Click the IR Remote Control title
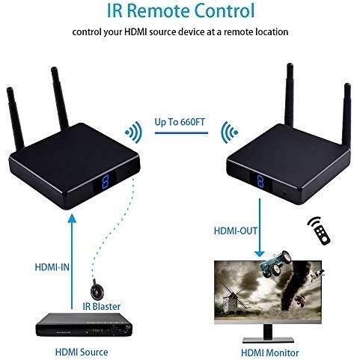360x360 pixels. (180, 10)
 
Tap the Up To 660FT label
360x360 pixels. (180, 122)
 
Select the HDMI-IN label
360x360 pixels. (52, 267)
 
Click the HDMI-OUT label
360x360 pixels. (235, 231)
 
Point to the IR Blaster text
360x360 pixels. (102, 306)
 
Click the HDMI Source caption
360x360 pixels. (82, 353)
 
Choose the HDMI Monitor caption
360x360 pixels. (269, 353)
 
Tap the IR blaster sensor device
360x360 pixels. (97, 290)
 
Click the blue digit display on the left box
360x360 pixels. (106, 180)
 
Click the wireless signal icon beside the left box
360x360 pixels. (134, 132)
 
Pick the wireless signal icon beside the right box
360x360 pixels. (230, 132)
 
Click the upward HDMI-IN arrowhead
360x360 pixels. (72, 219)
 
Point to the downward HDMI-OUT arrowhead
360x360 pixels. (260, 254)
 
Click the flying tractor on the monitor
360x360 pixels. (275, 263)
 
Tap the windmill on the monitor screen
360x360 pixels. (232, 298)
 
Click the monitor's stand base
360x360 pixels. (268, 341)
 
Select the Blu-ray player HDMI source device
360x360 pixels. (84, 325)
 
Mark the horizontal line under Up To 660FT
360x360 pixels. (181, 132)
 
